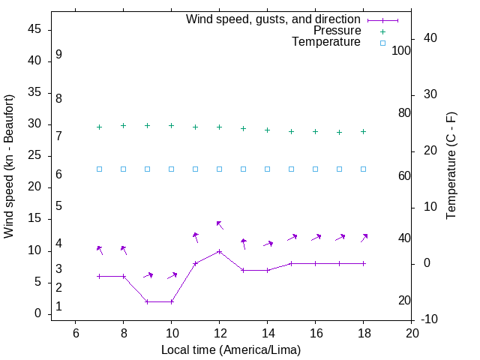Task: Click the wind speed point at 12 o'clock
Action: tap(219, 251)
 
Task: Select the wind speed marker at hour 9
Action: tap(147, 301)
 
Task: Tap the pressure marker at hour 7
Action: tap(99, 127)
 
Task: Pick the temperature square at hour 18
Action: tap(363, 169)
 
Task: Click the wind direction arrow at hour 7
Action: tap(100, 250)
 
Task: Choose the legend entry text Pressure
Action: tap(337, 31)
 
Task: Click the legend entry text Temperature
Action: tap(326, 42)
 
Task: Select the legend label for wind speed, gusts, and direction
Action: tap(274, 19)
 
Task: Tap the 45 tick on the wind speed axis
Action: tap(34, 30)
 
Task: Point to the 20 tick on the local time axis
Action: tap(411, 334)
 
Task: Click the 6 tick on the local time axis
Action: tap(75, 334)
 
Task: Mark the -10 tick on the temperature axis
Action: tap(431, 320)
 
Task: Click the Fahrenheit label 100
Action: tap(401, 51)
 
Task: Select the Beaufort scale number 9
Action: tap(58, 55)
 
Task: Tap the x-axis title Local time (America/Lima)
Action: tap(231, 349)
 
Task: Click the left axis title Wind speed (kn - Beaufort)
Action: tap(9, 166)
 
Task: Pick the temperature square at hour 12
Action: tap(219, 169)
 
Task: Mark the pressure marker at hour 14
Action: tap(267, 130)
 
